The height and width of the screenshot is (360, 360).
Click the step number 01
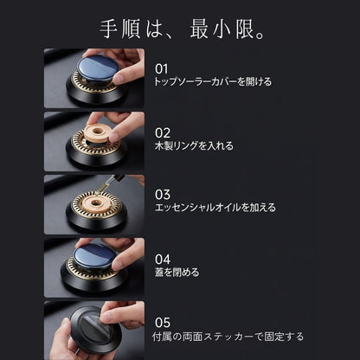tap(161, 69)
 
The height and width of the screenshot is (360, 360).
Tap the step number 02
tap(163, 133)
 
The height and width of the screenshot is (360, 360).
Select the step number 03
tap(163, 195)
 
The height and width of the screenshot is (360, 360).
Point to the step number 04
tap(163, 260)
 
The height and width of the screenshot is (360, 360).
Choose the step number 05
tap(163, 323)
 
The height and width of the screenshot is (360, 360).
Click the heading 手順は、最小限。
tap(182, 29)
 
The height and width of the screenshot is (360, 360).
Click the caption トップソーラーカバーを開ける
tap(213, 82)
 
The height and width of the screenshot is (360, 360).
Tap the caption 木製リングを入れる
tap(194, 145)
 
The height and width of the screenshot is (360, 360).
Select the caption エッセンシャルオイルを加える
tap(215, 208)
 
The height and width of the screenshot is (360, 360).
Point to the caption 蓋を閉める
tap(177, 272)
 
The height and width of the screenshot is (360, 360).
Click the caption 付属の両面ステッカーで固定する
tap(228, 337)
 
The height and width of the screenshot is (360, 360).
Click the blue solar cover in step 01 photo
tap(98, 69)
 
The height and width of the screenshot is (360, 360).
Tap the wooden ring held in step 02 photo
tap(97, 133)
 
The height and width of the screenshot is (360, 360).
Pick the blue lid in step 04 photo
tap(94, 258)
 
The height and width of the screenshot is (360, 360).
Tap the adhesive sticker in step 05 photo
tap(93, 328)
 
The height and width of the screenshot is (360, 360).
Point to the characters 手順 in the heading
tap(120, 29)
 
